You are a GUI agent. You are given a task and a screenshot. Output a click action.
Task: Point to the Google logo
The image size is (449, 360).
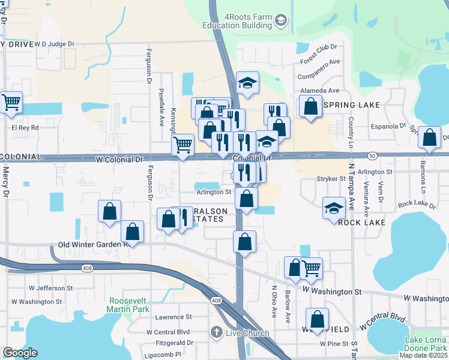pyautogui.click(x=20, y=353)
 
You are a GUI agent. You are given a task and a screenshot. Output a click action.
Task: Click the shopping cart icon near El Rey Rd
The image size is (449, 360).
pyautogui.click(x=11, y=103)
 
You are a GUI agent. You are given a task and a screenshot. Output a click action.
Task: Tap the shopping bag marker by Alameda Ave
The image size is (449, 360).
pyautogui.click(x=310, y=107)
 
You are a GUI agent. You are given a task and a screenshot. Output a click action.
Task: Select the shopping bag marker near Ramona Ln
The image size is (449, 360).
pyautogui.click(x=429, y=138)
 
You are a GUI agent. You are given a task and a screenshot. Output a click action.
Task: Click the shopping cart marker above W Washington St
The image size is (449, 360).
pyautogui.click(x=311, y=269)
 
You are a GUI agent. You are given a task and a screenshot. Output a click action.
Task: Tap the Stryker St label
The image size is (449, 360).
pyautogui.click(x=331, y=179)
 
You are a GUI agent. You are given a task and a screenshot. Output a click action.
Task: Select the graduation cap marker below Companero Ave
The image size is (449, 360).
pyautogui.click(x=247, y=83)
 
